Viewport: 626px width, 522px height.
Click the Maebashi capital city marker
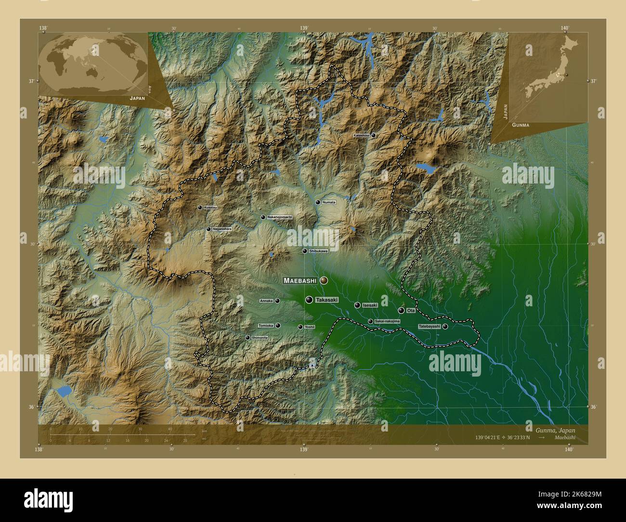[324, 280]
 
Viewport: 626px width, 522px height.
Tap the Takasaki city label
[326, 300]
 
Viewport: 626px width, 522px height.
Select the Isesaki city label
[370, 305]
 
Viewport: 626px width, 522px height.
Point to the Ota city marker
[401, 311]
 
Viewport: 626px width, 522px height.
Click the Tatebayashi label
[429, 326]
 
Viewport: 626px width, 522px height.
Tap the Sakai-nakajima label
[387, 321]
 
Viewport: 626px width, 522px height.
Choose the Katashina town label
[361, 136]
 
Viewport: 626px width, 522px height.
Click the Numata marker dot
[317, 202]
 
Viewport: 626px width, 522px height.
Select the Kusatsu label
[210, 208]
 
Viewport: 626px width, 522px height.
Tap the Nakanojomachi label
[279, 218]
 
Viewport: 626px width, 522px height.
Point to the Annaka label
[266, 301]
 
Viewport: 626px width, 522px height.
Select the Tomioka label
[266, 326]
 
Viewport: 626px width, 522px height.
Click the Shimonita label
[260, 338]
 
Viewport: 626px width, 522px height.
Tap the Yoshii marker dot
[300, 327]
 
